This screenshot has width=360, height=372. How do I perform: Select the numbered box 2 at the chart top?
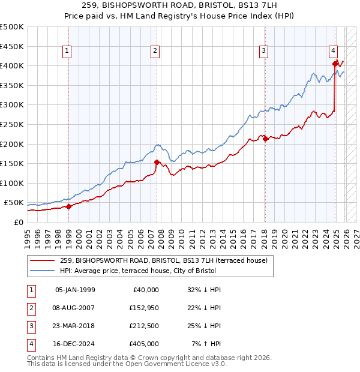pyautogui.click(x=155, y=52)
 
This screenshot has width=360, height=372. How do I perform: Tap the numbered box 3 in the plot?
pyautogui.click(x=263, y=52)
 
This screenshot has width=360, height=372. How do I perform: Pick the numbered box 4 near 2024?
pyautogui.click(x=333, y=52)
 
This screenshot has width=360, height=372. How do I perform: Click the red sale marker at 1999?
pyautogui.click(x=68, y=206)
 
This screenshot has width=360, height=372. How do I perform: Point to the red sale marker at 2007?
pyautogui.click(x=157, y=162)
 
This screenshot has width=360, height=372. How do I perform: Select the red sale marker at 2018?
pyautogui.click(x=265, y=139)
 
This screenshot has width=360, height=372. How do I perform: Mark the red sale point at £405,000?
pyautogui.click(x=335, y=64)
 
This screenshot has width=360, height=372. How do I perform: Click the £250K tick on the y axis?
pyautogui.click(x=12, y=124)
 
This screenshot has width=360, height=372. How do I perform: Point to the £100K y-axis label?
pyautogui.click(x=12, y=183)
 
